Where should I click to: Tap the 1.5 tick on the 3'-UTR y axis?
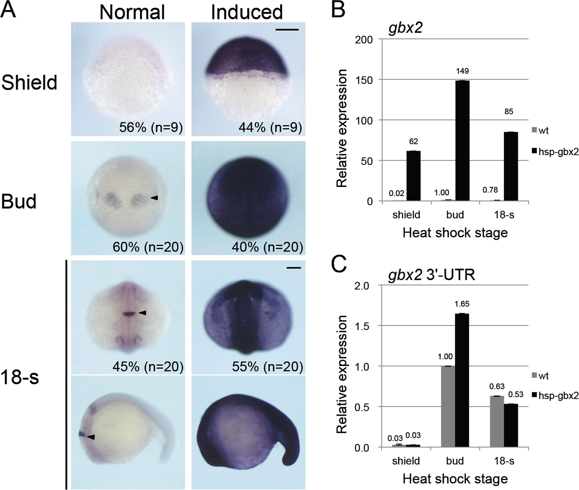pos(362,326)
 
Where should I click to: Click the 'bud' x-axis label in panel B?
pos(455,215)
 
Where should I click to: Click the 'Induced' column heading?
pos(247,13)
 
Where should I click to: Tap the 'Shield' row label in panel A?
pos(29,83)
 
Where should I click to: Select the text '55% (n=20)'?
pos(267,367)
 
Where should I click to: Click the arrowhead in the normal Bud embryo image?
pos(154,197)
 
